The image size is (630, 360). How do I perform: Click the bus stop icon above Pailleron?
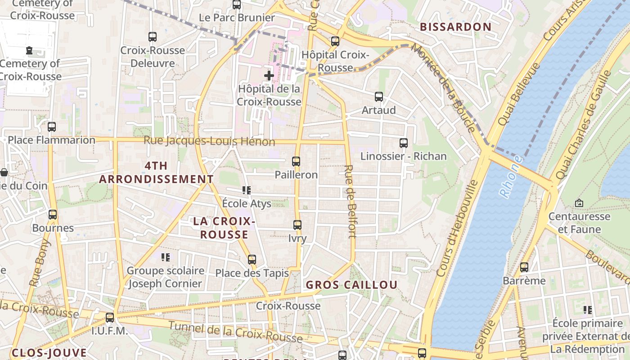coord(296,161)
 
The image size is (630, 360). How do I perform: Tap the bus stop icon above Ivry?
coord(297,225)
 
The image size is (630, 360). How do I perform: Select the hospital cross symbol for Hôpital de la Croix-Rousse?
coord(269,75)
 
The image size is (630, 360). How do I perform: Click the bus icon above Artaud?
coord(379,96)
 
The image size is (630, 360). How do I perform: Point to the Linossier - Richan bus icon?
coord(404,143)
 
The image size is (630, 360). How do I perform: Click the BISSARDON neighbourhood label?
coord(455,27)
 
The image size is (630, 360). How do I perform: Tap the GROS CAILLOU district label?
coord(351,285)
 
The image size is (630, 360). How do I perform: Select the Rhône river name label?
coord(511,176)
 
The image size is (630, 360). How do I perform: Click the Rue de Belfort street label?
coord(350,201)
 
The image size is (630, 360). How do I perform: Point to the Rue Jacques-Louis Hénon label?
coord(209,141)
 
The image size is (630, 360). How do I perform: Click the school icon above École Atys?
coord(246,190)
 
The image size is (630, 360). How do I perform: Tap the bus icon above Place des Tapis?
coord(252,259)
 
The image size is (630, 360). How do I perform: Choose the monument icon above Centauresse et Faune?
coord(579,203)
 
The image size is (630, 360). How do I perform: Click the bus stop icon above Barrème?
coord(524,267)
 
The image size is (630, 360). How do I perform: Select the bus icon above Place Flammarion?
coord(52,126)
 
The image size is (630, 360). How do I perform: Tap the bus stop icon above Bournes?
coord(53,214)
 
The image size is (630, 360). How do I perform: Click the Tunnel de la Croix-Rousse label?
coord(235,332)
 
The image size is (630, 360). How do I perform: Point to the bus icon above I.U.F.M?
coord(110,317)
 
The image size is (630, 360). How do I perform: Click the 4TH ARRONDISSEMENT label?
coord(156,172)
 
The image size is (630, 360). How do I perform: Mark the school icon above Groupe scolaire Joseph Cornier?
coord(165,257)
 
